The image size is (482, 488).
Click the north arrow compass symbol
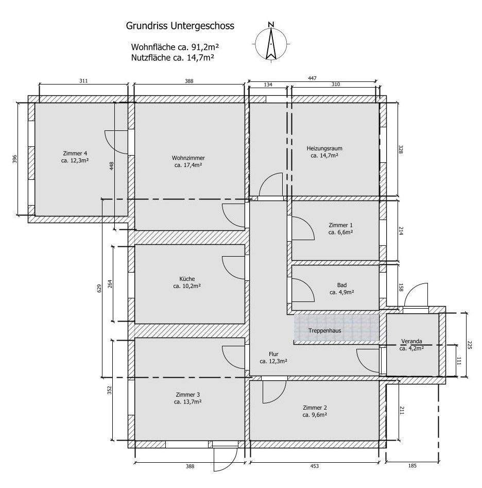pos(271,42)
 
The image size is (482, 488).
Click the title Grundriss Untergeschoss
pos(180,25)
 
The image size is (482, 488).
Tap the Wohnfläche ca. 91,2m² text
pos(173,47)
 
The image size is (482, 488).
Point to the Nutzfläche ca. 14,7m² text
pos(173,58)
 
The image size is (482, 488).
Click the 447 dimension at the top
pos(313,78)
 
